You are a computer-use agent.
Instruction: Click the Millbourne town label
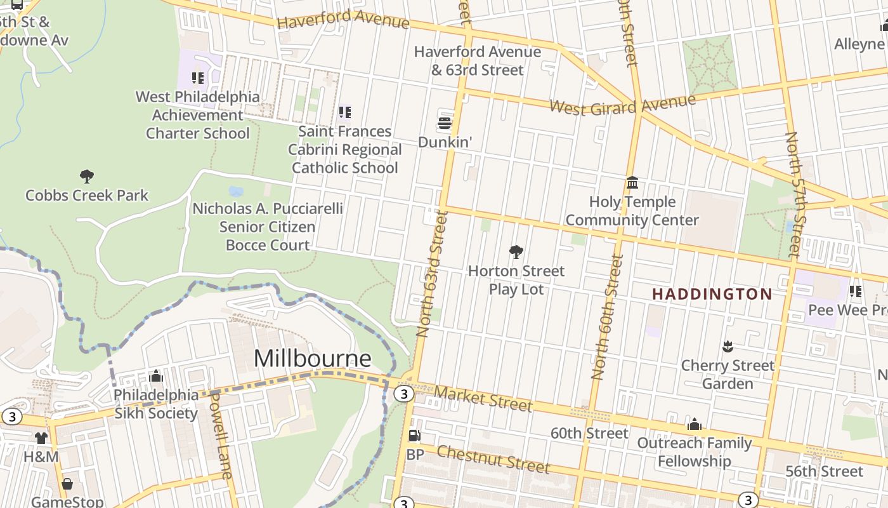(312, 359)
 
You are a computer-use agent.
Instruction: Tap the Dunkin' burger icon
(445, 123)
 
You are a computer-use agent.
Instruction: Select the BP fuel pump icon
(414, 436)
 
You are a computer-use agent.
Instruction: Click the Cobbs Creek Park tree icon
(87, 177)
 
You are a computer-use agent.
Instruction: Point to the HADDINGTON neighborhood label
(712, 294)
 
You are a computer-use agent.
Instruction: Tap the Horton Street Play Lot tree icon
(516, 252)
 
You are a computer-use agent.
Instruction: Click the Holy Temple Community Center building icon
(632, 183)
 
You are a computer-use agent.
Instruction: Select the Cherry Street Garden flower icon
(728, 347)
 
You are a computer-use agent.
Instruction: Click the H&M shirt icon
(41, 438)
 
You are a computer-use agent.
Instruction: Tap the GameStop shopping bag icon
(67, 485)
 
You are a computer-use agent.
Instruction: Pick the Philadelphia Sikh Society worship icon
(156, 376)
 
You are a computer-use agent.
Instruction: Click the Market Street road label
(483, 399)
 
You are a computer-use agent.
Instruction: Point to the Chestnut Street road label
(493, 459)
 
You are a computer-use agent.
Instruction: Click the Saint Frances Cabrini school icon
(345, 112)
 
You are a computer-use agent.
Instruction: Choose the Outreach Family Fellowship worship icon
(695, 424)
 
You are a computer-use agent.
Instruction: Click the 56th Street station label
(824, 471)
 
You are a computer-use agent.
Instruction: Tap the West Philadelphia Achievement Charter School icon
(198, 78)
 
